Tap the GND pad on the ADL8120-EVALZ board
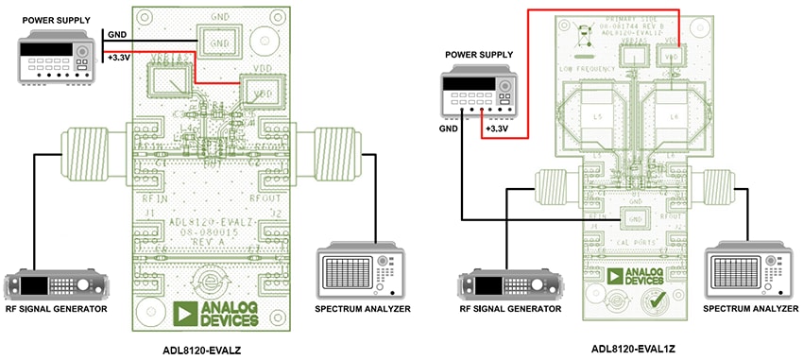[218, 43]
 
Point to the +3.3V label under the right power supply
[496, 128]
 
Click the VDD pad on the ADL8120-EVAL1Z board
[672, 57]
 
